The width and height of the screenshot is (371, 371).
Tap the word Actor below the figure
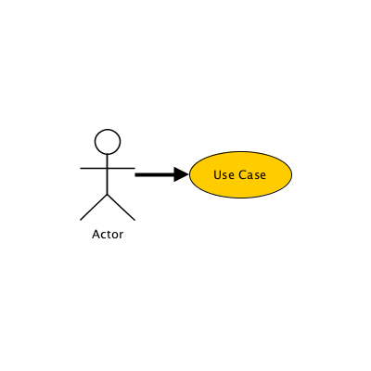coord(108,235)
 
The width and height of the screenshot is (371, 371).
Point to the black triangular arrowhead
coord(181,174)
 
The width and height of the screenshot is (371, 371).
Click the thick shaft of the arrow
coord(155,174)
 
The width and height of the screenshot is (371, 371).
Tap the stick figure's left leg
coord(94,207)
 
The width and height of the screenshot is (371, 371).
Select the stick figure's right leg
coord(122,207)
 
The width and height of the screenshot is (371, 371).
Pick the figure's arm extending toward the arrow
coord(122,168)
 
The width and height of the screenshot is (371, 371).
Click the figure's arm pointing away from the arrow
coord(94,168)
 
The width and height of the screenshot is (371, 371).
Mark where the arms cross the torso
coord(108,168)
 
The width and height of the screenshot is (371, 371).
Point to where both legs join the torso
coord(108,194)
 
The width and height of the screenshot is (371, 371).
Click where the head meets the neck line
coord(108,154)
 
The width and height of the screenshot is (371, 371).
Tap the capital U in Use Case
coord(216,175)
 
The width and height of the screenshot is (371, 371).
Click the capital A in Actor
coord(96,235)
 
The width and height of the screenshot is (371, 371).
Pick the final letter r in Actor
coord(122,236)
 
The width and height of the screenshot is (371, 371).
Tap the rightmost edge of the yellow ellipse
coord(292,174)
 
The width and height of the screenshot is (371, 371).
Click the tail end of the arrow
coord(135,174)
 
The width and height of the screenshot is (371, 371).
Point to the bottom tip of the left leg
coord(81,220)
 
